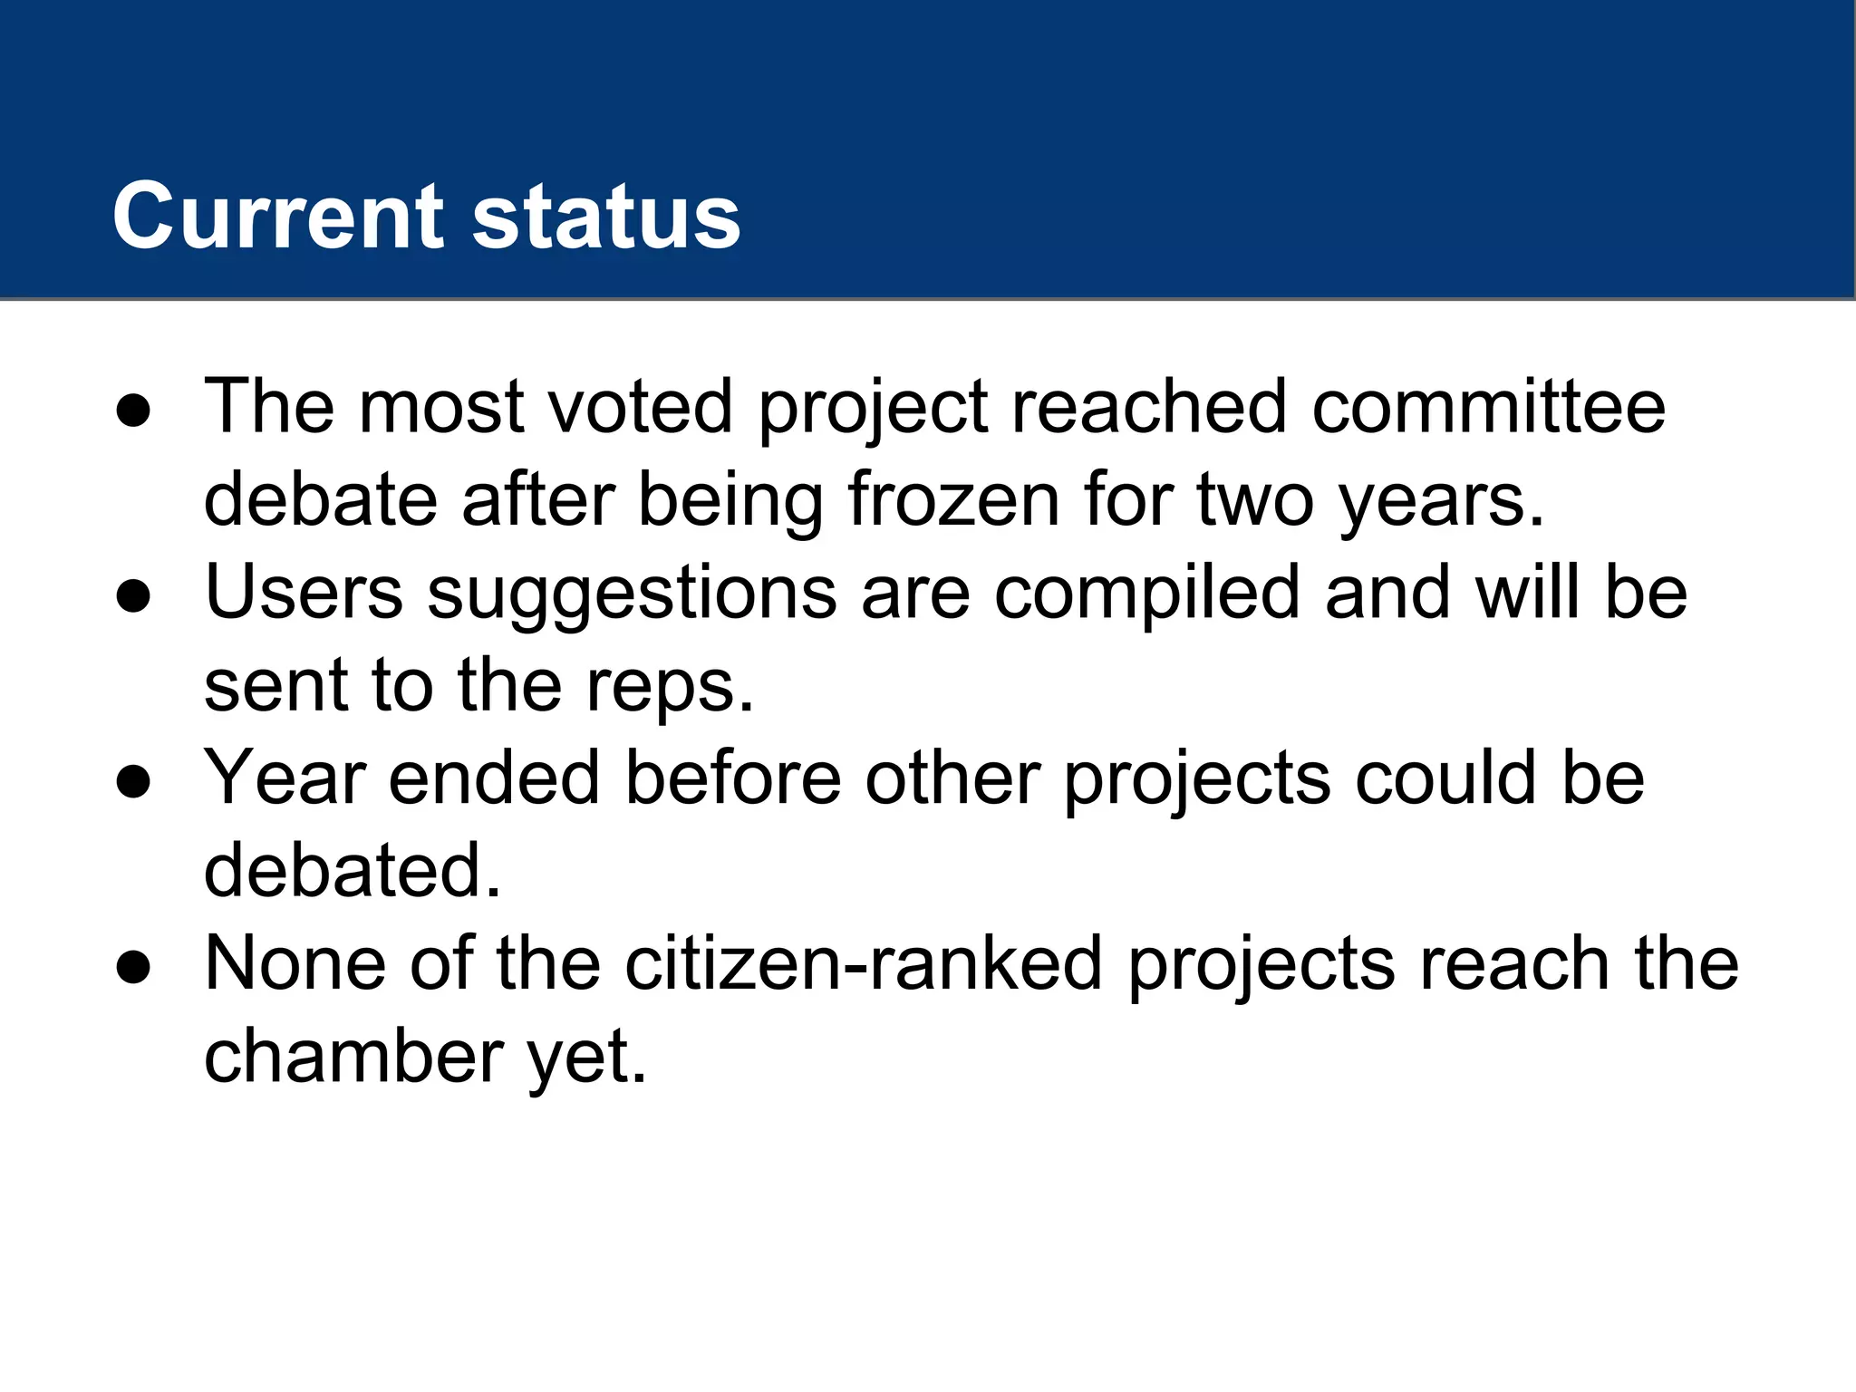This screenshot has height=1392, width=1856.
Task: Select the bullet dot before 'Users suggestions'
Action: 133,597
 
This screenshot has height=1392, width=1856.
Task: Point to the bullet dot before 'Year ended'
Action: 133,782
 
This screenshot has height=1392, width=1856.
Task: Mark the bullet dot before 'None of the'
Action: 133,968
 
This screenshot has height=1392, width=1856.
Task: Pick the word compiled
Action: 1146,594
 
